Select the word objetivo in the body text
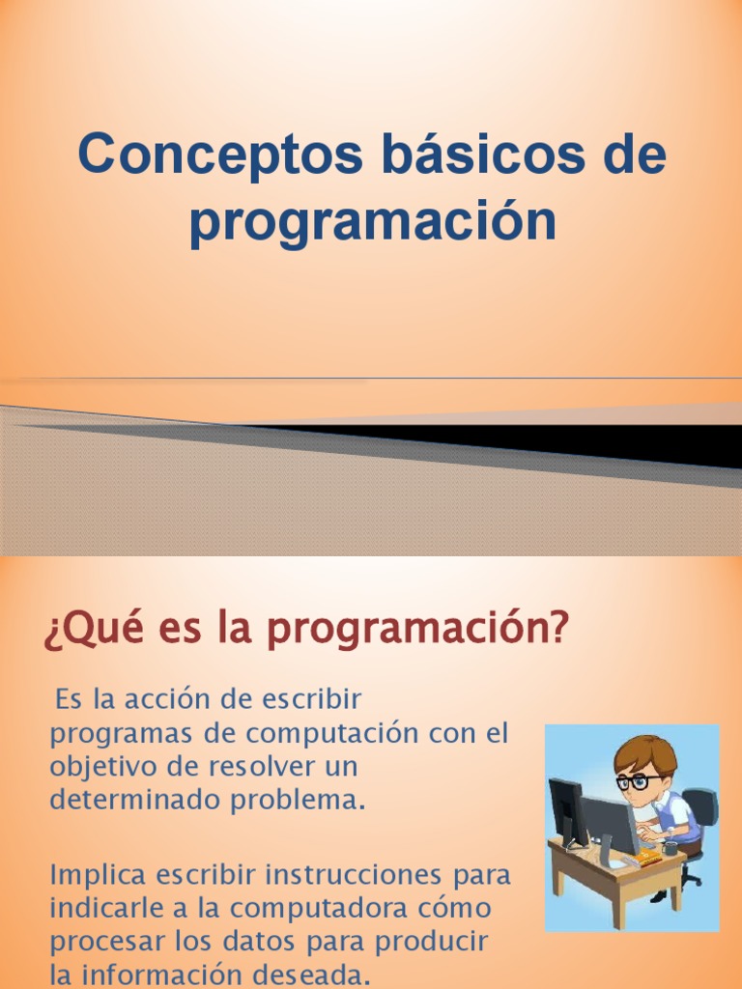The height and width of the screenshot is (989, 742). coord(107,768)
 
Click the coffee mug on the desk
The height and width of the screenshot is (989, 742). coord(670,848)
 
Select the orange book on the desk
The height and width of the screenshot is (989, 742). coord(648,856)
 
